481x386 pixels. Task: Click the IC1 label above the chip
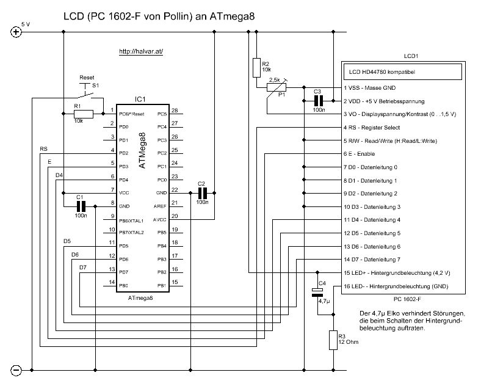tap(140, 98)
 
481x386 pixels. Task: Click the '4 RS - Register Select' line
tap(372, 127)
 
